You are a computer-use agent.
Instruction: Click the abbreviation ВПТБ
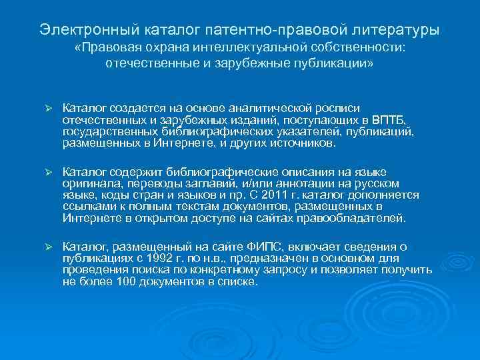click(x=389, y=119)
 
